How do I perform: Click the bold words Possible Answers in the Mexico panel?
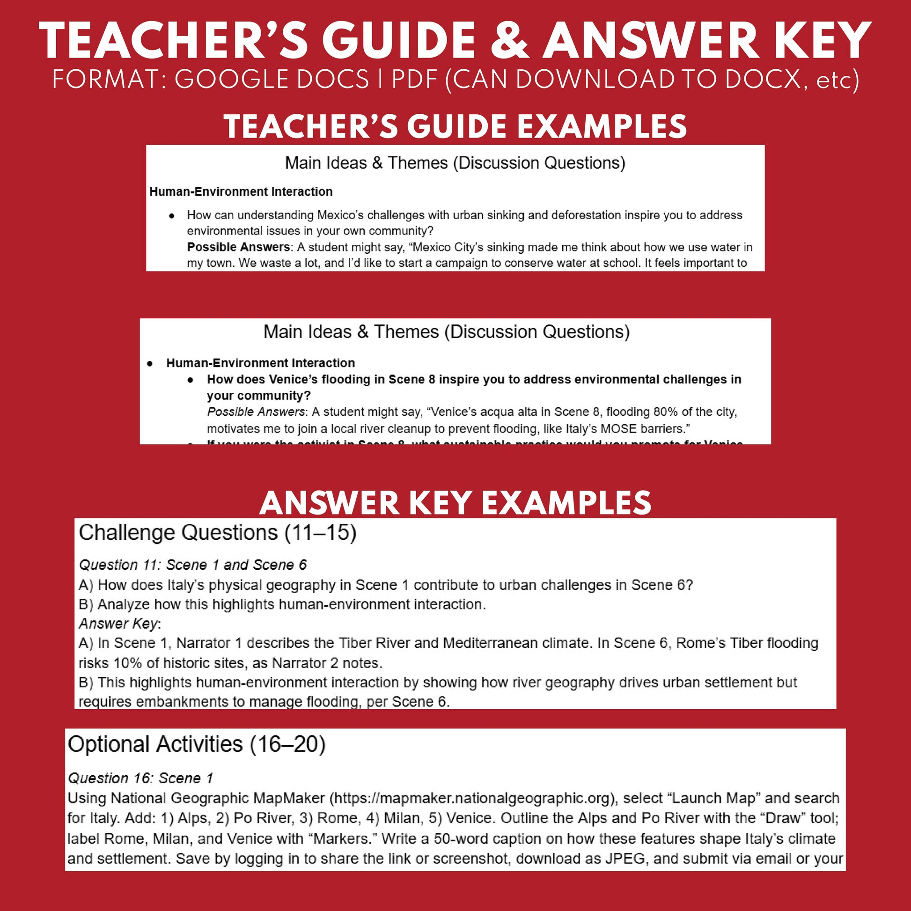tap(239, 247)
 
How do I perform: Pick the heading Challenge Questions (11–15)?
tap(217, 533)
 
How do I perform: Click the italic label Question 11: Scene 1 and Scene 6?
tap(192, 565)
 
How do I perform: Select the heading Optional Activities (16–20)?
tap(197, 744)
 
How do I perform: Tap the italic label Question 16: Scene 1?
tap(140, 778)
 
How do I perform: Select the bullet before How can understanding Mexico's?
tap(172, 216)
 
